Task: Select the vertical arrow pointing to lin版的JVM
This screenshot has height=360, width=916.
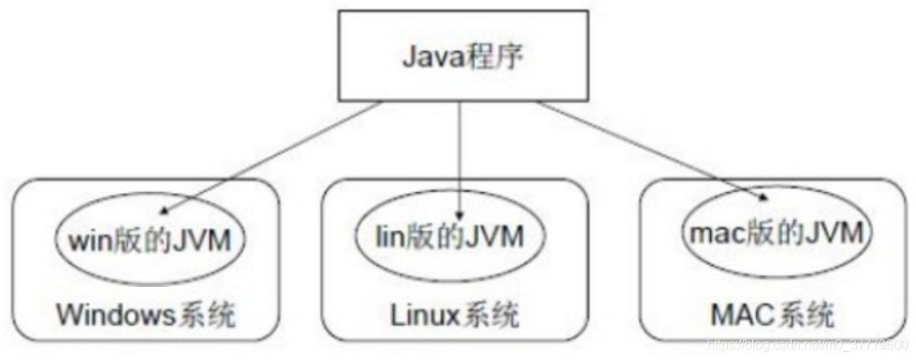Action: tap(460, 154)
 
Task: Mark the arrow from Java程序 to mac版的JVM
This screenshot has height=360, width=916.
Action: tap(648, 150)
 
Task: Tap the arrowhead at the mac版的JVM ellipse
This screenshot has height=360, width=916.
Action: tap(762, 198)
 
